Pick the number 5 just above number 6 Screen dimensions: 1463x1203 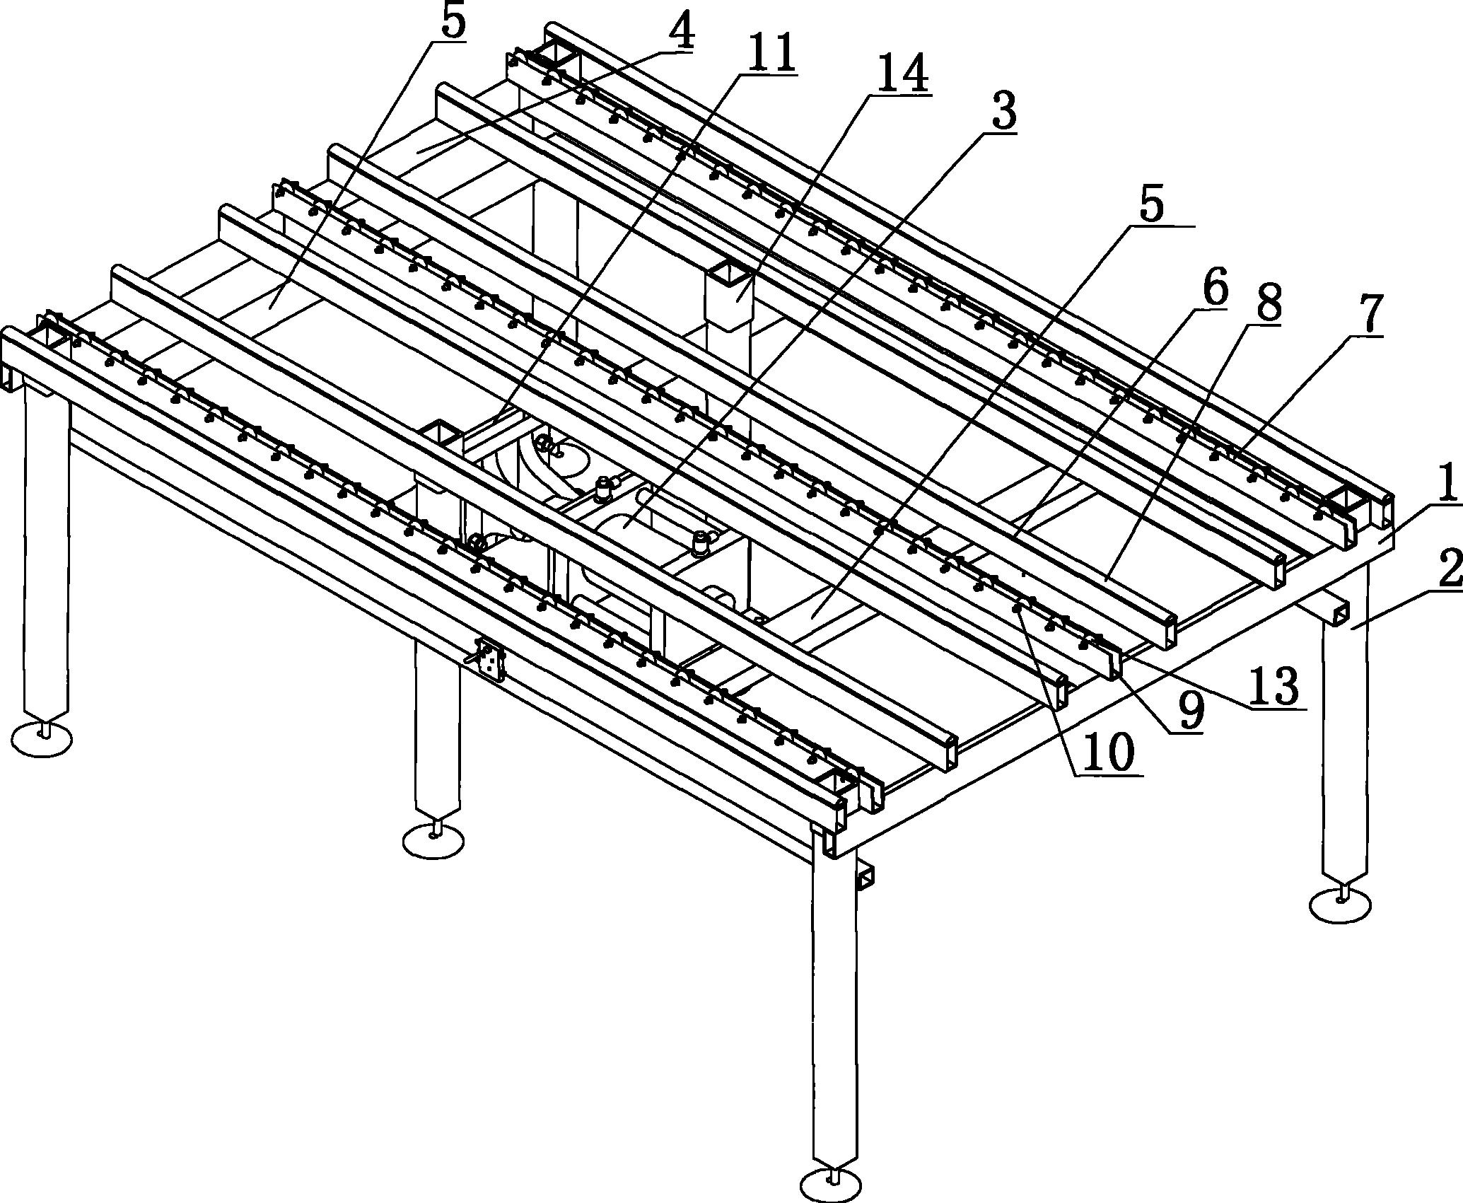[x=1150, y=204]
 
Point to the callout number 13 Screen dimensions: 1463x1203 [x=1273, y=685]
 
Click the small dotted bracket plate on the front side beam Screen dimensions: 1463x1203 [x=489, y=660]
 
